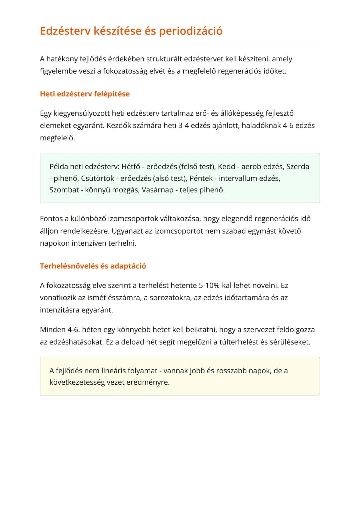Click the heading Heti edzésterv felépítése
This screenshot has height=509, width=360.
pos(85,94)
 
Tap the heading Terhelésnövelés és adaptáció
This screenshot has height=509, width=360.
pos(93,266)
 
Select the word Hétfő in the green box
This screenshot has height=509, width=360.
pos(131,167)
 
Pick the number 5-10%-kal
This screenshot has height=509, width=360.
pos(215,286)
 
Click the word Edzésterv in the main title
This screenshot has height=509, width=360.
pos(65,31)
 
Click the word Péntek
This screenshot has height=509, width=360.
pos(201,178)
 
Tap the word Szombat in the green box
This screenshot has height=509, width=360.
pos(64,190)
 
